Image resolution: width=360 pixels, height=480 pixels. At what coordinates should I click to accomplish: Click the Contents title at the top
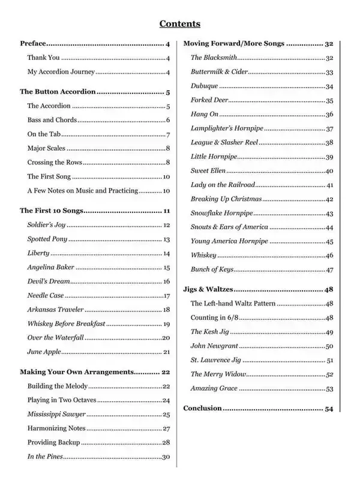[x=179, y=24]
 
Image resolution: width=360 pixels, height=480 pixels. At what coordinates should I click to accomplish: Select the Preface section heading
[x=33, y=44]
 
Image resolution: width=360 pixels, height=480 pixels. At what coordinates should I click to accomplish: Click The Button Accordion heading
[x=58, y=92]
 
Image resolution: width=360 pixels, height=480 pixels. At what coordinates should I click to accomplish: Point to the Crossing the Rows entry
[x=55, y=163]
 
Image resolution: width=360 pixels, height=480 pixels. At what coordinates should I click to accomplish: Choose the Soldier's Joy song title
[x=46, y=225]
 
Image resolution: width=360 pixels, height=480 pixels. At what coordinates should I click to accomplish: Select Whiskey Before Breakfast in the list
[x=66, y=323]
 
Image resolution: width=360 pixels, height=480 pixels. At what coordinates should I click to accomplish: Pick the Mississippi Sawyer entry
[x=56, y=415]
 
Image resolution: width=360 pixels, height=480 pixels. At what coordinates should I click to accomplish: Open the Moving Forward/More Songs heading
[x=234, y=44]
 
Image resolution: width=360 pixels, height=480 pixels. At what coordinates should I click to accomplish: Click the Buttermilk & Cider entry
[x=219, y=72]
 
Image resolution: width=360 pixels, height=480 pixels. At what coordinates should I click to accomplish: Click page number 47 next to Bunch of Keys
[x=329, y=270]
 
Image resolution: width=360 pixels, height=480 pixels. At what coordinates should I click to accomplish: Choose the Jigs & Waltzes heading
[x=208, y=290]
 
